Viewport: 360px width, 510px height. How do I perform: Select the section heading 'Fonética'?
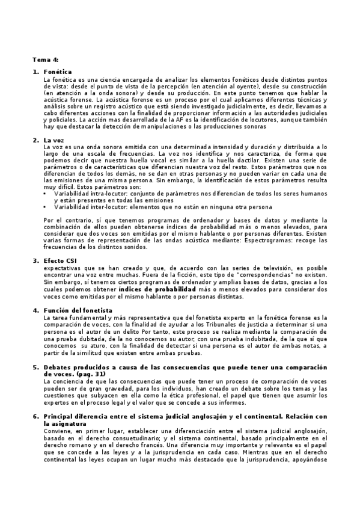[x=58, y=72]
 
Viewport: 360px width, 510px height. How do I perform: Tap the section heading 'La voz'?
[x=54, y=140]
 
